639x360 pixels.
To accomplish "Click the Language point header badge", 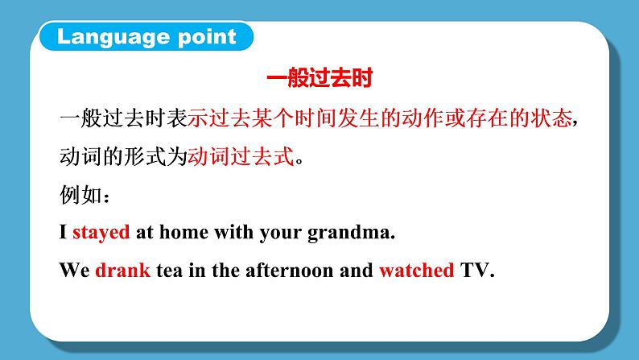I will point(146,36).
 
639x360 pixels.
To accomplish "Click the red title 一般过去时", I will point(320,81).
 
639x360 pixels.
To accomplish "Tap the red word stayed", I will point(101,233).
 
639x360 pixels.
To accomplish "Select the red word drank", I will point(122,271).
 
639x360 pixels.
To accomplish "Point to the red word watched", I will point(416,271).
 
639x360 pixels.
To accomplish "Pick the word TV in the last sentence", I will point(476,271).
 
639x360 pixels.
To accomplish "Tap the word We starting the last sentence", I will point(73,271).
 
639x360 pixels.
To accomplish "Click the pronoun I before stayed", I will point(64,233).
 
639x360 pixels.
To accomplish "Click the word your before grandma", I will point(282,233).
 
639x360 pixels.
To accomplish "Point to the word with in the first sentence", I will point(232,233).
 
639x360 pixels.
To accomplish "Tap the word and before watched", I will point(356,271).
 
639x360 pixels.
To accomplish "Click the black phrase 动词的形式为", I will point(123,157).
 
